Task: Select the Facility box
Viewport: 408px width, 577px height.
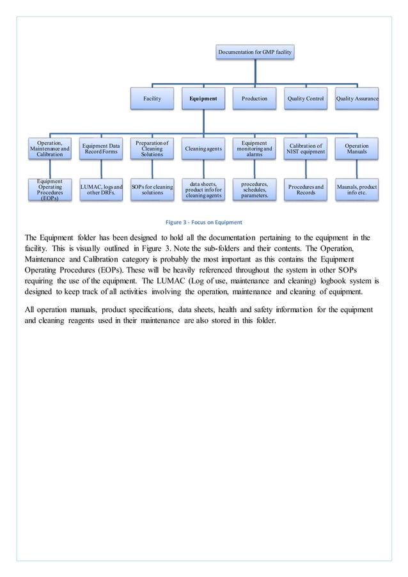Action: pos(152,99)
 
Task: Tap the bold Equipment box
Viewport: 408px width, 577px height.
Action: pos(203,99)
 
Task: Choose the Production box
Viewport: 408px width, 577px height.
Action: pos(255,99)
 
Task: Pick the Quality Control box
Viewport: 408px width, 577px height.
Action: pos(306,99)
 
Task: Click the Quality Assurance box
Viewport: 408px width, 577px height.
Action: pos(357,99)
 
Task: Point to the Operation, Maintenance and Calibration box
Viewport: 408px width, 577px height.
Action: pos(50,150)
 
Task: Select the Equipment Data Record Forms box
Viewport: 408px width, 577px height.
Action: pos(101,150)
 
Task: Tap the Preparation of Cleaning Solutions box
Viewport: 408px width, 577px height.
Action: pos(152,150)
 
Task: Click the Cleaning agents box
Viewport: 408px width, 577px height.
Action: pos(203,150)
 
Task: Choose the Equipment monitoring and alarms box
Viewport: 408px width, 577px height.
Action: pos(255,150)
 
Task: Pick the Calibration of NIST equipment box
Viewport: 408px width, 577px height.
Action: pos(306,150)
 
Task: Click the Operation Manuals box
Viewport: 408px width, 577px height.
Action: pos(357,150)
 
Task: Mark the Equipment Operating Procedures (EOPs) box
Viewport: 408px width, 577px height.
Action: pos(50,190)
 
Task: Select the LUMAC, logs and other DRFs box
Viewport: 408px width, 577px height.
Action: pos(101,189)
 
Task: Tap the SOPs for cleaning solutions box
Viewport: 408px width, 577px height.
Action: pos(152,189)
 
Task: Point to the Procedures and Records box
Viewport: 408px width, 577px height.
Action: pos(306,189)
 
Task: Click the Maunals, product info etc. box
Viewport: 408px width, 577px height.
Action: pos(357,189)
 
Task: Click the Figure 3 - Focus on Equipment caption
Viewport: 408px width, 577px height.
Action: pos(203,223)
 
